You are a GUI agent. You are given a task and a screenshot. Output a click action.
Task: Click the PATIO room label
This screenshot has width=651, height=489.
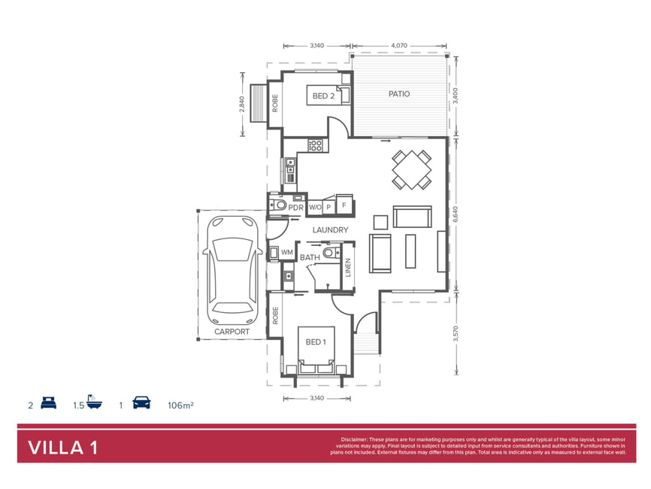point(399,94)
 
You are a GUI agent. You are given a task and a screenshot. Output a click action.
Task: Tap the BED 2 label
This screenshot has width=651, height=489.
point(323,96)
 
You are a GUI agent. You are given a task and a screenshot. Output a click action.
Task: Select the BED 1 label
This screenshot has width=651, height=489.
point(316,342)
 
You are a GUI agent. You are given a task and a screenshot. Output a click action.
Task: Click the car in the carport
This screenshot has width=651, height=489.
point(232,270)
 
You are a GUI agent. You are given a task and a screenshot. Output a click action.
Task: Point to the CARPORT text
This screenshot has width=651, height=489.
point(232,332)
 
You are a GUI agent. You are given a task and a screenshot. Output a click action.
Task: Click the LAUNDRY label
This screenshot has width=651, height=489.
point(330,229)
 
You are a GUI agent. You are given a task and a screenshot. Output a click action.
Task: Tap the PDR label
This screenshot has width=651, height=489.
point(295,208)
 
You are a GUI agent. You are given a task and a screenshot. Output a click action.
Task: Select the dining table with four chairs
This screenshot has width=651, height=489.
point(411,170)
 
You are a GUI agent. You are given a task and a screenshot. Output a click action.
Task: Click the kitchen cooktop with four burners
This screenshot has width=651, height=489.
point(315,145)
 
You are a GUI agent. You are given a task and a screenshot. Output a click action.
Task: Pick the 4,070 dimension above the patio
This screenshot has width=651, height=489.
point(399,46)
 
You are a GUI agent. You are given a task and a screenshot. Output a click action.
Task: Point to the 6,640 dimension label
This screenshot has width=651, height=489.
point(456,214)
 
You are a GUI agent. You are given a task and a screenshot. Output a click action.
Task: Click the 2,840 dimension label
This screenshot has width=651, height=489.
point(242,105)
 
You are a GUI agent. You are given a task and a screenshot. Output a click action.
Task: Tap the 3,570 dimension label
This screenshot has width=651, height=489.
point(456,333)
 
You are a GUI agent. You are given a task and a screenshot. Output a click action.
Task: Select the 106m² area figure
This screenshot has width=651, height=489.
point(180,405)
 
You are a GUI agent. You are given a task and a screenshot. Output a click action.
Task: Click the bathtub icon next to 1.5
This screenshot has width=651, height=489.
point(94,402)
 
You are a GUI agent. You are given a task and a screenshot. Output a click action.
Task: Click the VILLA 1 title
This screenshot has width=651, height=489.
point(63,448)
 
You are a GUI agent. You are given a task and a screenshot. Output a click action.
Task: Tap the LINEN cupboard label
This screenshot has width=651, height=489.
point(348,267)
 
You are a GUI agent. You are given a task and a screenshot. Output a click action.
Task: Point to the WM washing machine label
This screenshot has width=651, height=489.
point(287,252)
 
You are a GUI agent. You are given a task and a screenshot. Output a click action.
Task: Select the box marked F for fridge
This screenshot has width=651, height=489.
point(344,205)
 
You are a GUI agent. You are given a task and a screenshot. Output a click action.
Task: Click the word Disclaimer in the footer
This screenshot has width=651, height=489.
point(354,439)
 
